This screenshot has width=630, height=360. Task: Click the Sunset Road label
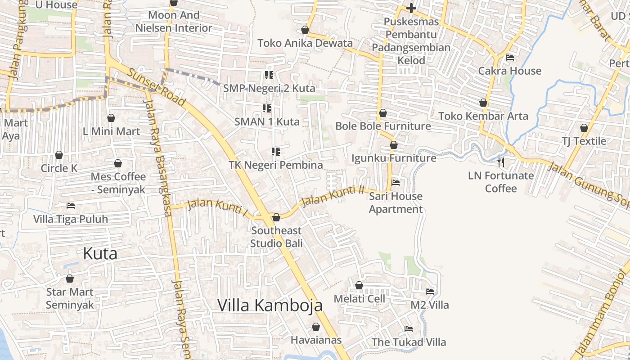click(156, 88)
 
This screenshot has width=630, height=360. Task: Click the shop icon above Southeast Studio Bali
click(276, 217)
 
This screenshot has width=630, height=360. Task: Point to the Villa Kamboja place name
click(270, 305)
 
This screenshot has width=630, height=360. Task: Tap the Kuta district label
click(100, 253)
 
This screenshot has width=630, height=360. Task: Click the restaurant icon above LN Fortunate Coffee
click(501, 162)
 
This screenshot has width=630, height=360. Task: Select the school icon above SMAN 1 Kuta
click(267, 108)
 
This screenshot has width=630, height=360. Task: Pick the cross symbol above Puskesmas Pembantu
click(411, 8)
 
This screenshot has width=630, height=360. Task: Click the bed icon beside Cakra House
click(510, 57)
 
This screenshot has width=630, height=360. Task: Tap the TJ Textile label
click(584, 141)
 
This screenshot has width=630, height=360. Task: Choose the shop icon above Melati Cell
click(359, 285)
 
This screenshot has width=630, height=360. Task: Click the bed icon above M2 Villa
click(430, 292)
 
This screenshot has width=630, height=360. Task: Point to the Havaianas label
click(316, 340)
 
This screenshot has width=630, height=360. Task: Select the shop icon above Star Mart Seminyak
click(70, 279)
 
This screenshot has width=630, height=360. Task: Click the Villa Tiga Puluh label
click(71, 219)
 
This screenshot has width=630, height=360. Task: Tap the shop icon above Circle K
click(59, 155)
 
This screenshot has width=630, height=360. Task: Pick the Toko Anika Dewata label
click(305, 43)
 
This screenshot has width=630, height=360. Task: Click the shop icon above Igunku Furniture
click(394, 145)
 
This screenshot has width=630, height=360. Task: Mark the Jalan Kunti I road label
click(217, 208)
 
